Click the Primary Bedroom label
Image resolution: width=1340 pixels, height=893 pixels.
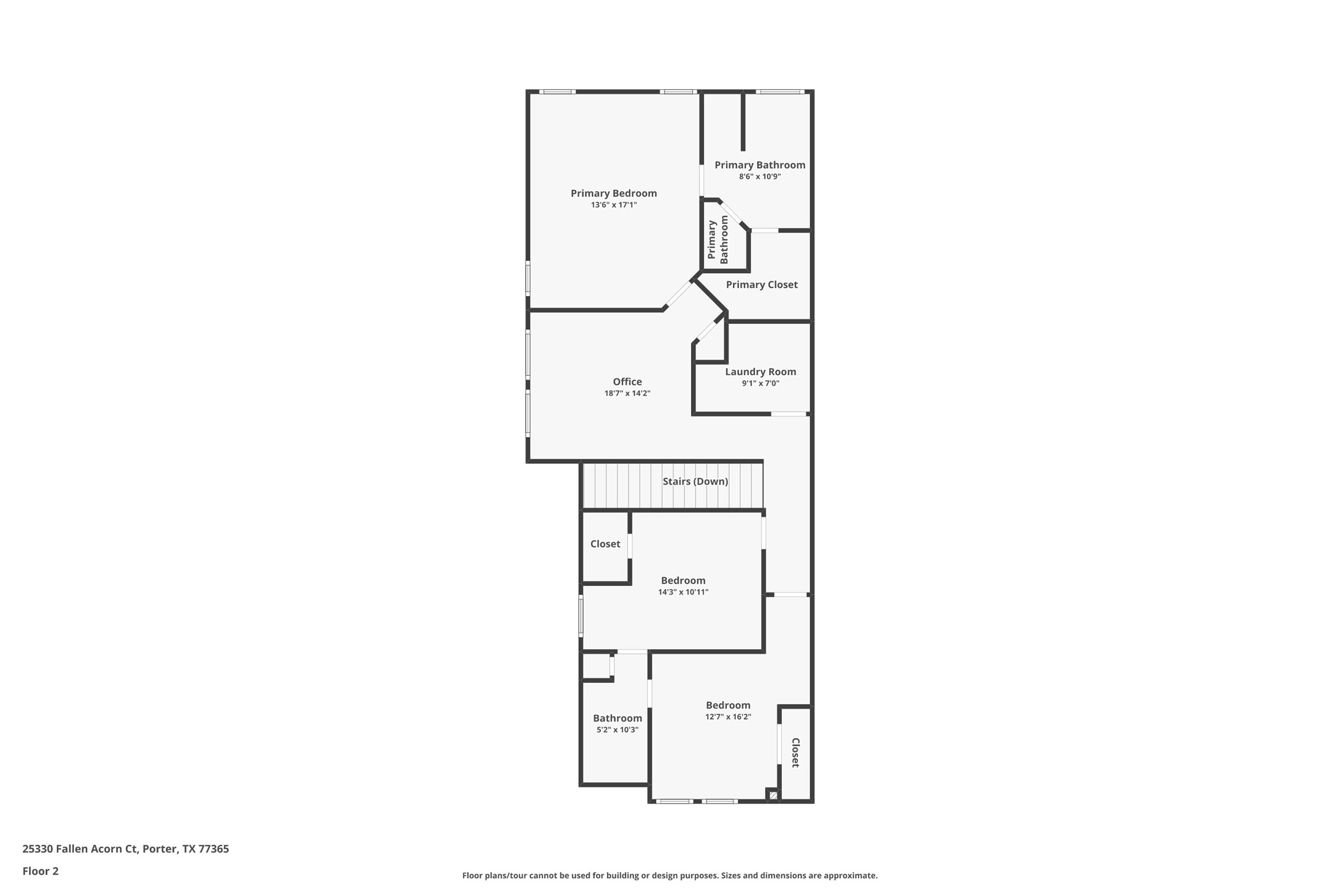[613, 194]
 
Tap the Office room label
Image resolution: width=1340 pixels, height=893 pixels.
[627, 382]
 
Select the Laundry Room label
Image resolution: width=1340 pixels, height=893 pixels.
[760, 372]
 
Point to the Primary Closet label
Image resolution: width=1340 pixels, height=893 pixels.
[761, 285]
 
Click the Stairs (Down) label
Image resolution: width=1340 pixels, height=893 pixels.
[695, 482]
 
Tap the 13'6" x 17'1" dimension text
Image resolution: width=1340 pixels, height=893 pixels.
[613, 205]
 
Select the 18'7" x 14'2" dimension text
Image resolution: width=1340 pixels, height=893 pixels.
[627, 393]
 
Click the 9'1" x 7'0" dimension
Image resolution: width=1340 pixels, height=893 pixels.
[760, 384]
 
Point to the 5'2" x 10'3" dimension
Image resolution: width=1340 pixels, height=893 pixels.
[617, 730]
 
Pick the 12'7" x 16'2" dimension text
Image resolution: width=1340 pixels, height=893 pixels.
[728, 717]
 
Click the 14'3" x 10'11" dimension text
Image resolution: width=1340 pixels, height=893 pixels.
[683, 593]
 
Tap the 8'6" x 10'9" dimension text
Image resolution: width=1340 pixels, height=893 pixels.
[759, 177]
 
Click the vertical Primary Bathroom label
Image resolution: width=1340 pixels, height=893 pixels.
[718, 240]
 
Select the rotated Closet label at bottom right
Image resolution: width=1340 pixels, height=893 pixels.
[795, 752]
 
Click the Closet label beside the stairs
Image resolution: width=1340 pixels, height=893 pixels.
[605, 544]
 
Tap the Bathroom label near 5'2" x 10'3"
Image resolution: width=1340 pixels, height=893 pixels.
[617, 718]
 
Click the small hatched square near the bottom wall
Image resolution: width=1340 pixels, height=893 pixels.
[773, 796]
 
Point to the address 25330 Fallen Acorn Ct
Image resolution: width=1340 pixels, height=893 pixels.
[125, 849]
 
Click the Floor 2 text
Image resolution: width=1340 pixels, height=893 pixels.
[41, 871]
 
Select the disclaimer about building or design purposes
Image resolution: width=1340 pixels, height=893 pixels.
[669, 876]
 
